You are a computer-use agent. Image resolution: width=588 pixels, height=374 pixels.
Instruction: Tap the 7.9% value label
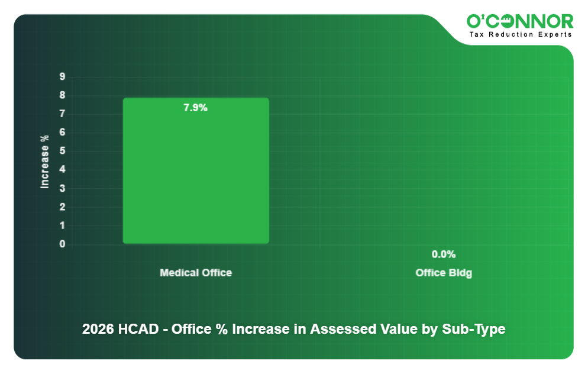click(195, 108)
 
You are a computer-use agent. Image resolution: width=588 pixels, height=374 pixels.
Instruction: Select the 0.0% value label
click(443, 254)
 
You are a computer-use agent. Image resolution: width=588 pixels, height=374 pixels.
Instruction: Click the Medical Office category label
click(196, 273)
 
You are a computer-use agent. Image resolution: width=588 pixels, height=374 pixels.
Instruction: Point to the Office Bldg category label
click(444, 273)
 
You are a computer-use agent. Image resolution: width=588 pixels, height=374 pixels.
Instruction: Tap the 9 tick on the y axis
click(62, 76)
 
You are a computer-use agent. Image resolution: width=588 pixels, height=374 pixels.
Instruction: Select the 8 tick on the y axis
click(62, 95)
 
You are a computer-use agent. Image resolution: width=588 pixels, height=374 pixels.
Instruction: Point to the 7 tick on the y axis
click(62, 114)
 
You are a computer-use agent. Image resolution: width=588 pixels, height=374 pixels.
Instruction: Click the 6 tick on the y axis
click(62, 132)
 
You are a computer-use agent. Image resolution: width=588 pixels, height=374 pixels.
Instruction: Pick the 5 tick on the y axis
click(62, 151)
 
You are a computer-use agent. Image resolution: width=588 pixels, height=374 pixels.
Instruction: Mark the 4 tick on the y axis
click(62, 169)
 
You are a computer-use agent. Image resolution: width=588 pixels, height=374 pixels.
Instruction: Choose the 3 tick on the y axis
click(62, 188)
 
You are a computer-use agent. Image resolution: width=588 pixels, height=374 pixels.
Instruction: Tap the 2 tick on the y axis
click(62, 207)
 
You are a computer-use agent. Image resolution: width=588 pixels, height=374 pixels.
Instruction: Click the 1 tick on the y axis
click(62, 225)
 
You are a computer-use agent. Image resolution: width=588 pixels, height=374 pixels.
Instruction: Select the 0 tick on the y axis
click(62, 244)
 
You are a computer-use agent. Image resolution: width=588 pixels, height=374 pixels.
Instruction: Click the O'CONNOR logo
click(520, 21)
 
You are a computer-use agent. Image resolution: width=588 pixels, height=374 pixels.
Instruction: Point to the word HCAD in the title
click(140, 330)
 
